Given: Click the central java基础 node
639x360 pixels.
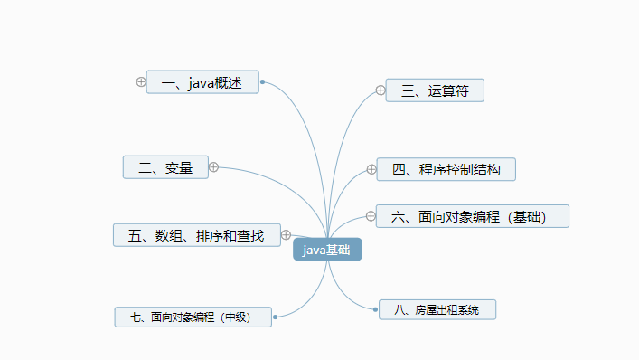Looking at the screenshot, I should [x=327, y=250].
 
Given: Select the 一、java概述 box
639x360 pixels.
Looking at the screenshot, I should [x=202, y=82].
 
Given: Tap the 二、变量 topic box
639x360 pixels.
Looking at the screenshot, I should [x=165, y=167].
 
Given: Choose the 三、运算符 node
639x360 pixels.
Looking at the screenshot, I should [x=435, y=90].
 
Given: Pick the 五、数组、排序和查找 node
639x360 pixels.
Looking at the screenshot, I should [x=196, y=235].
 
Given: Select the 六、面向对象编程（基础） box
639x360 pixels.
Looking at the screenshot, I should [x=473, y=216].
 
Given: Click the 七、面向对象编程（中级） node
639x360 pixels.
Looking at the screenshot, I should [x=193, y=317].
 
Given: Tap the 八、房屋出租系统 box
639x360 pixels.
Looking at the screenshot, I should [x=437, y=310].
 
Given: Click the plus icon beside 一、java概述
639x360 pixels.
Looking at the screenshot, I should [x=140, y=82].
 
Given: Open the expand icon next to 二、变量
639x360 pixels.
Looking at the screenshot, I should [x=214, y=166].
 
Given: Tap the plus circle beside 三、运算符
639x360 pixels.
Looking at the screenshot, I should [x=381, y=90].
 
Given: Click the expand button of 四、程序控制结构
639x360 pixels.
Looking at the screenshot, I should [x=371, y=169].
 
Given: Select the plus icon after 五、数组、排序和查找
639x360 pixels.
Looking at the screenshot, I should [x=286, y=235].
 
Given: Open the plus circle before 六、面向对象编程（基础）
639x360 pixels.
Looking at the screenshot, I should [x=371, y=215].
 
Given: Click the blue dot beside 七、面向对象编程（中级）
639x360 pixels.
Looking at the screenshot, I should [x=274, y=317].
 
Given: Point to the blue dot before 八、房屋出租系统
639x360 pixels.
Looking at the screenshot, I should [x=375, y=310].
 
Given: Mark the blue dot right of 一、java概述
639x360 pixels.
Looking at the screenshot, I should [x=262, y=82].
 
